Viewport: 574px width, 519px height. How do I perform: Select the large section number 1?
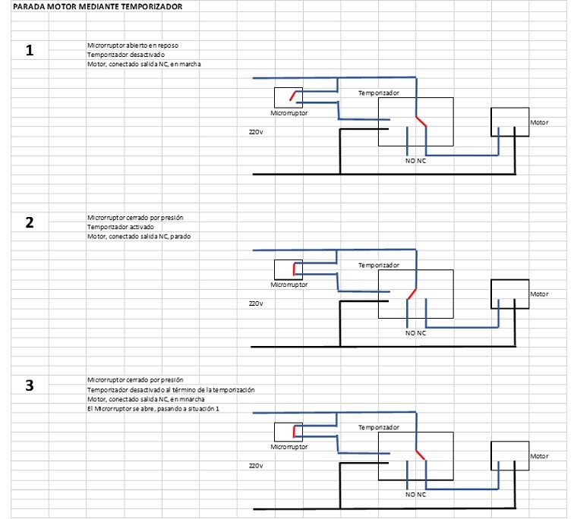(30, 52)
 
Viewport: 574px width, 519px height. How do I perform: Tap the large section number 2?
(30, 223)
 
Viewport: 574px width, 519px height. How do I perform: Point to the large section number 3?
(30, 385)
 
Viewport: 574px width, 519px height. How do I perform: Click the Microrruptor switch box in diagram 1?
(288, 97)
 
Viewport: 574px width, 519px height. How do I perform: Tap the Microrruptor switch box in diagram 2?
(288, 269)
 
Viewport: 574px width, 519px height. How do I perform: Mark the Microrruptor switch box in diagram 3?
(288, 432)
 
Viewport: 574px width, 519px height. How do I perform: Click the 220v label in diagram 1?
(256, 131)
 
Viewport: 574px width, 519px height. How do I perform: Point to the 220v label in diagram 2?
(256, 303)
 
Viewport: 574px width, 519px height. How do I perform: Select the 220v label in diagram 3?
(256, 465)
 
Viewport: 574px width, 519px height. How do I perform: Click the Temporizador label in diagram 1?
(379, 93)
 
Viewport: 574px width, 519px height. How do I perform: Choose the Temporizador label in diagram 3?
(379, 427)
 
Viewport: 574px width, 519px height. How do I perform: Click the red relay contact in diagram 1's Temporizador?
(421, 121)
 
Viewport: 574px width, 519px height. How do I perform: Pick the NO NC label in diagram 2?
(416, 333)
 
